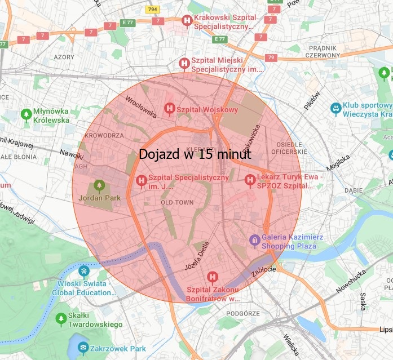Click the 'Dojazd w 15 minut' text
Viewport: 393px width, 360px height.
pos(195,154)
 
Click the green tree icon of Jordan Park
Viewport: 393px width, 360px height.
pos(99,185)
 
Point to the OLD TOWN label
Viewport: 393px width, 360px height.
pos(177,202)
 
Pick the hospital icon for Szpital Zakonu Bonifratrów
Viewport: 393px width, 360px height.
pos(212,277)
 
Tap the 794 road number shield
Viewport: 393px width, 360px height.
pos(152,10)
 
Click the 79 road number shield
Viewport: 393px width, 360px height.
pos(272,57)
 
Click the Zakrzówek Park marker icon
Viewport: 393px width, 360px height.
pos(83,347)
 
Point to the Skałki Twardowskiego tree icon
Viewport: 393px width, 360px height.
pos(61,319)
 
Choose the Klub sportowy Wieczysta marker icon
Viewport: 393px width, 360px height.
pos(335,107)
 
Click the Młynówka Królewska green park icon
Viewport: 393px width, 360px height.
pos(25,114)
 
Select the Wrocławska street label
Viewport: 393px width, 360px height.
pos(141,105)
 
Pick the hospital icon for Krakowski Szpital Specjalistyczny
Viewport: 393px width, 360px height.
pos(186,21)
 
